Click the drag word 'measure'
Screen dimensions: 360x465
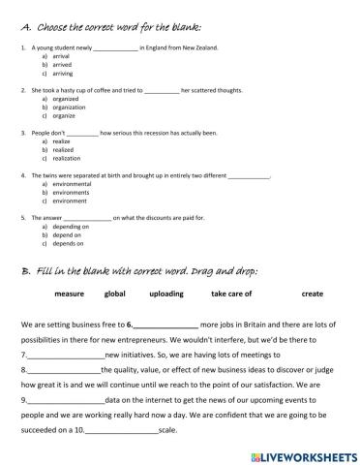coord(70,294)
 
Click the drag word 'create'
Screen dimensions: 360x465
coord(312,294)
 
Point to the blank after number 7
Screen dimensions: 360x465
coord(63,356)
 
